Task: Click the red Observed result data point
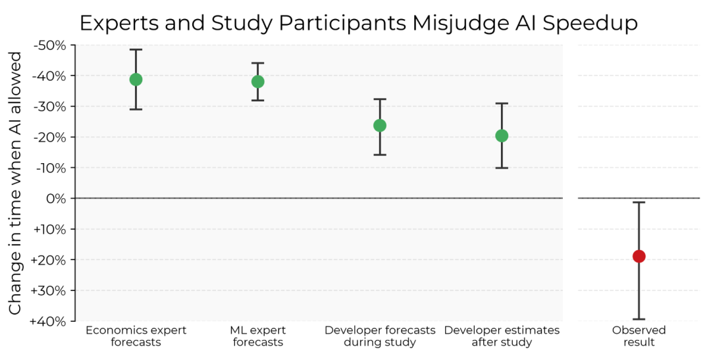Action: click(x=639, y=256)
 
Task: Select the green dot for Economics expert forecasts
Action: click(x=136, y=80)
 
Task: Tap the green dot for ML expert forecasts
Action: click(x=257, y=82)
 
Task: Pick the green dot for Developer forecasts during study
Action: click(x=380, y=125)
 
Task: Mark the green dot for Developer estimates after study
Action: click(x=502, y=136)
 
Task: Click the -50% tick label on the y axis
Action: click(x=49, y=45)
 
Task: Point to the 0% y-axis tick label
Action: click(x=57, y=199)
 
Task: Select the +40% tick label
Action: click(x=49, y=321)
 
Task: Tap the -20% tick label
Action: click(x=49, y=138)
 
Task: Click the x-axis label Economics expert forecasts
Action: click(x=136, y=336)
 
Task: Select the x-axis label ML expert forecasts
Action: click(x=257, y=336)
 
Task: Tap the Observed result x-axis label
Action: click(x=639, y=336)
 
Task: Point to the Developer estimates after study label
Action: click(x=502, y=336)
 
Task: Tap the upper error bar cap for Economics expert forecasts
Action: click(x=136, y=49)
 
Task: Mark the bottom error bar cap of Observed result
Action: click(x=639, y=319)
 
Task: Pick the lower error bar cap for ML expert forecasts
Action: click(x=257, y=100)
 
